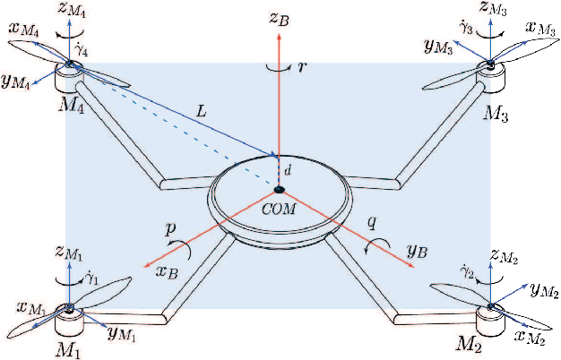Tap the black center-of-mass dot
point(280,189)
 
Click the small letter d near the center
point(288,168)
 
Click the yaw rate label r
point(303,67)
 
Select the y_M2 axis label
point(540,289)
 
